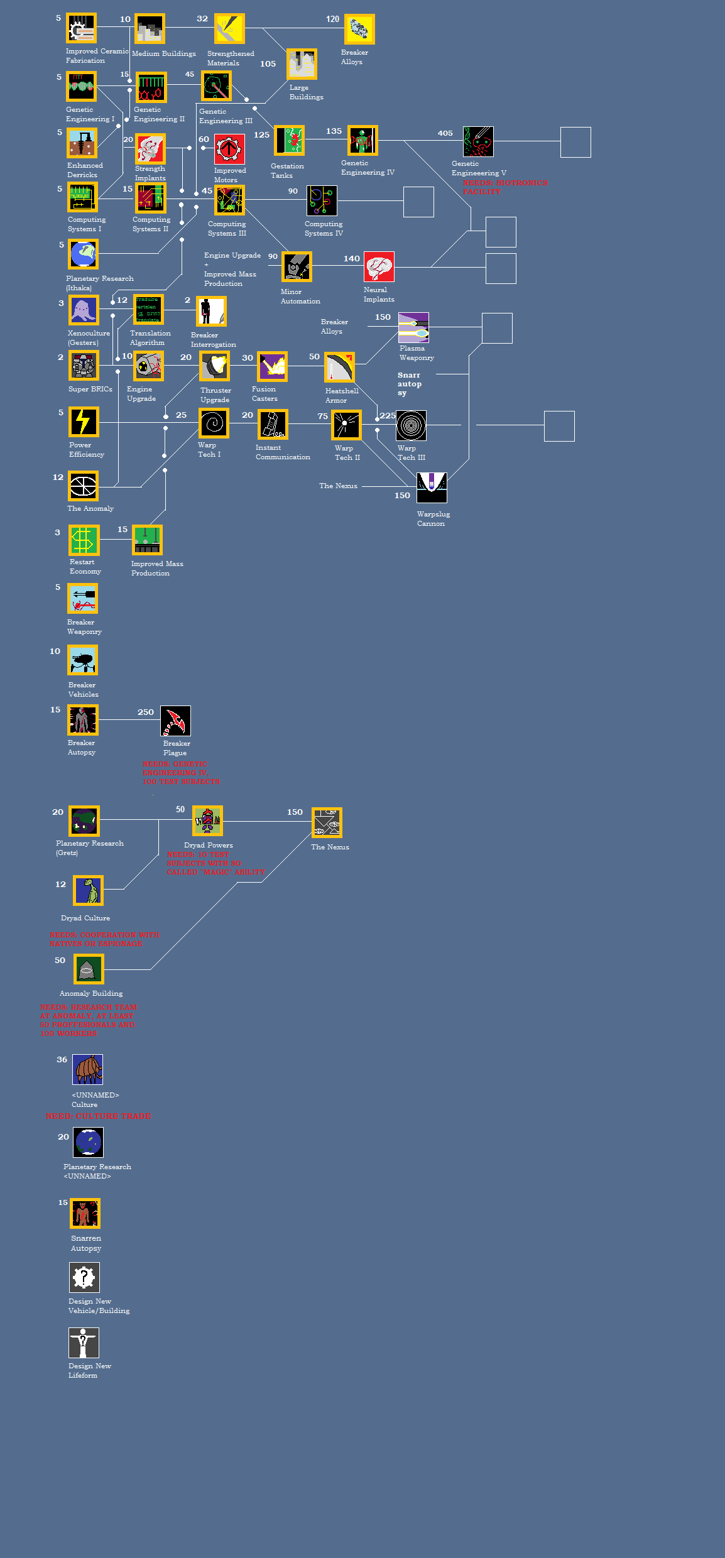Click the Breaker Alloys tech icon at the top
point(359,30)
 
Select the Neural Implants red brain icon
point(379,267)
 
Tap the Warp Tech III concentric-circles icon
point(412,426)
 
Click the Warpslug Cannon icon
point(432,488)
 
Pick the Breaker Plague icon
point(175,721)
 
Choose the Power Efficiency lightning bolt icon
point(84,422)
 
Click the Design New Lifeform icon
point(84,1343)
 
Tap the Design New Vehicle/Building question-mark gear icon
point(84,1277)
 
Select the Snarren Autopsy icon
point(85,1213)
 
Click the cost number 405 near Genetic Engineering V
point(445,133)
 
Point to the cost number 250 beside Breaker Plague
point(146,712)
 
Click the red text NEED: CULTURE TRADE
point(98,1116)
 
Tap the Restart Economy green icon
point(84,540)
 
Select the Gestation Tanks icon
point(289,141)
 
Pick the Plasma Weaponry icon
point(413,328)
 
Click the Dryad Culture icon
point(89,890)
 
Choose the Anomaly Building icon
point(89,969)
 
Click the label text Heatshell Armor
point(341,395)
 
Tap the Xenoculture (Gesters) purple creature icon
point(84,310)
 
